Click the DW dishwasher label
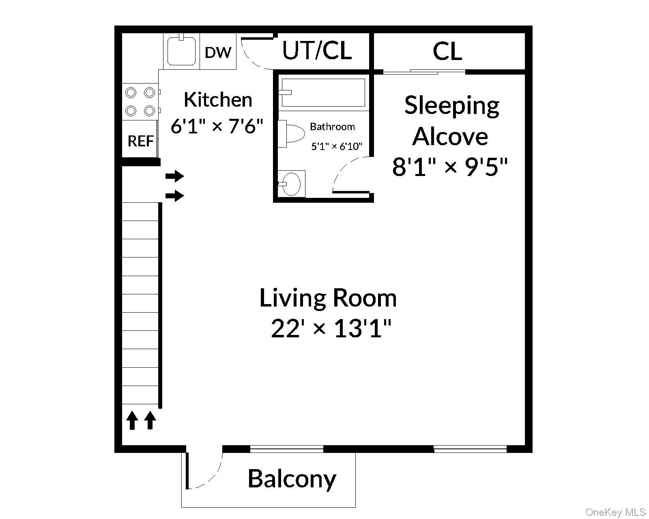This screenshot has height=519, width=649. pyautogui.click(x=218, y=52)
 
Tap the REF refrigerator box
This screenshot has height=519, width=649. pyautogui.click(x=140, y=141)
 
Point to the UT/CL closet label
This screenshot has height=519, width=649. pyautogui.click(x=317, y=51)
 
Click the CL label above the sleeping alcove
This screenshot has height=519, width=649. pyautogui.click(x=447, y=51)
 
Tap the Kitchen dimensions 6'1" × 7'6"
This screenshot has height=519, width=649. pyautogui.click(x=217, y=127)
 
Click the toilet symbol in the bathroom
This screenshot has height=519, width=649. pyautogui.click(x=293, y=133)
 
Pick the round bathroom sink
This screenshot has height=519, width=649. pyautogui.click(x=290, y=184)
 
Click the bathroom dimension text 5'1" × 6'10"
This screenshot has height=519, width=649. pyautogui.click(x=336, y=146)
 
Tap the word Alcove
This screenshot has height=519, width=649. pyautogui.click(x=450, y=136)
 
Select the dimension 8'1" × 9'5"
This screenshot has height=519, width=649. pyautogui.click(x=450, y=167)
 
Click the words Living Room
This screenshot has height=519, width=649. pyautogui.click(x=328, y=298)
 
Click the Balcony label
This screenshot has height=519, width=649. pyautogui.click(x=292, y=479)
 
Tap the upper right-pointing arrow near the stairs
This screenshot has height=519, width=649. pyautogui.click(x=175, y=176)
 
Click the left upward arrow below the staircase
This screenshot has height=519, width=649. pyautogui.click(x=131, y=420)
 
